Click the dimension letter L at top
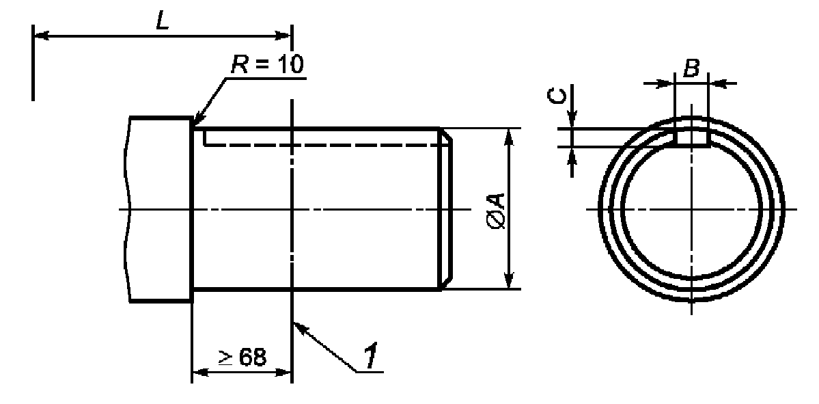[x=163, y=19]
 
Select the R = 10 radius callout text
[x=267, y=65]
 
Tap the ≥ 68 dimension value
[x=242, y=358]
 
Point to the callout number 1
[x=370, y=357]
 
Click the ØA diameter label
[x=496, y=210]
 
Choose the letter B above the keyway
[x=691, y=68]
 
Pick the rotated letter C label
[x=557, y=96]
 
